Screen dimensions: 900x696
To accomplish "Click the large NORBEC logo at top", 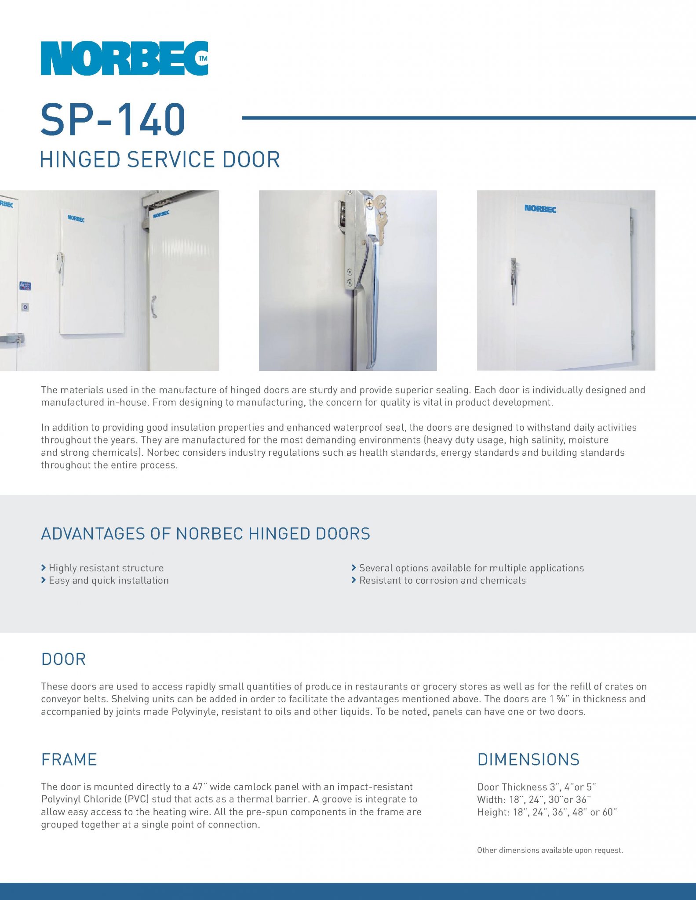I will coord(124,58).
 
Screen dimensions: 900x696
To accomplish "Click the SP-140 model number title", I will coord(113,119).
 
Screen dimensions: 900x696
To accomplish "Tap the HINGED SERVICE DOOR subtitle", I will coord(160,159).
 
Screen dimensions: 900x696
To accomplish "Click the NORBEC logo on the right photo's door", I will coord(540,208).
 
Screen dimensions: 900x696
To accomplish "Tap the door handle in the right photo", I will coord(513,281).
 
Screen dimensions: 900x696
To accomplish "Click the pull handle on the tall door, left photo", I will coord(153,306).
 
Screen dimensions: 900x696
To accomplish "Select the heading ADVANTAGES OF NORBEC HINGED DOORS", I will coord(205,533).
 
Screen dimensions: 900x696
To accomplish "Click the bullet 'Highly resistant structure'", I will coord(106,568).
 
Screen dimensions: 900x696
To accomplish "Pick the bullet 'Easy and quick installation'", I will coord(109,580).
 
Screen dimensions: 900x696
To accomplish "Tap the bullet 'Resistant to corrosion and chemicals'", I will coord(442,580).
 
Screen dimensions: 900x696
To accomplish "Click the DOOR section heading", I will coord(63,659).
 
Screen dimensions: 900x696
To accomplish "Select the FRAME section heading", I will coord(69,759).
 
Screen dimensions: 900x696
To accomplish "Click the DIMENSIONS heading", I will coord(528,759).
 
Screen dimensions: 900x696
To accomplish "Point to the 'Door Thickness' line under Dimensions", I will coord(536,787).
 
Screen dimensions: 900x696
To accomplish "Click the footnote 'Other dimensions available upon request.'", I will coord(550,850).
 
